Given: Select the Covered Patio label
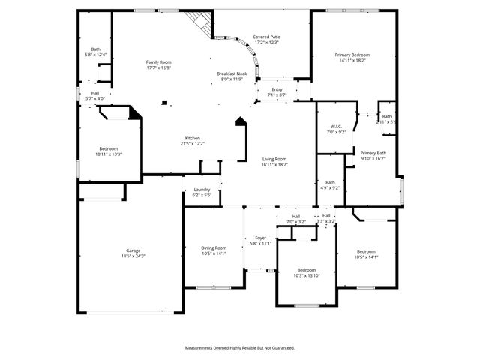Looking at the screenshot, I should pos(266,37).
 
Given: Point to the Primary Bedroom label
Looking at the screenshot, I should pos(352,55).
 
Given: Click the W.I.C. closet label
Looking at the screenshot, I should pos(335,126).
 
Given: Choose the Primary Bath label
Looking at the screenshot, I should pos(372,153).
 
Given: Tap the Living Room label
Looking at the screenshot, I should pos(274,159).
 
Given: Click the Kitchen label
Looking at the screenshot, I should pos(193,138).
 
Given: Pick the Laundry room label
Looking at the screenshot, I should pos(202,189).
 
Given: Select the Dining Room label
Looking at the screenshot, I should pos(214,247).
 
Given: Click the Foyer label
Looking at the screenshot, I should pos(260,238).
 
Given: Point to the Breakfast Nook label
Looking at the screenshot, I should pos(231,73).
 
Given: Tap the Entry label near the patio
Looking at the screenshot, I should pos(277,89).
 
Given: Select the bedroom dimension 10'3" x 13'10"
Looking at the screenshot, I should pos(306,276).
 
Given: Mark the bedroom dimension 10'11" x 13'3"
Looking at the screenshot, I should pos(108,154).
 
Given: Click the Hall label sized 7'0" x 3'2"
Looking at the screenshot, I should pos(296,216).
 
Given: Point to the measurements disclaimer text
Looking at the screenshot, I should pos(240,347).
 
